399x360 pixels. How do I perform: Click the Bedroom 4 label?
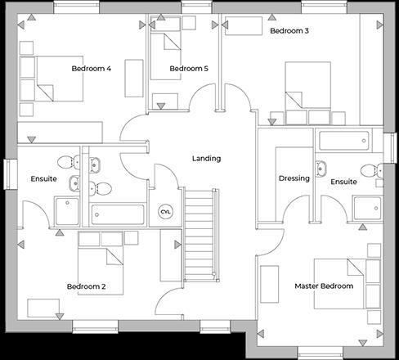pyautogui.click(x=91, y=68)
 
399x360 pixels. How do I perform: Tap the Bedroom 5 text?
pyautogui.click(x=189, y=69)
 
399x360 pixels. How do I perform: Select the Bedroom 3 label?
pyautogui.click(x=289, y=31)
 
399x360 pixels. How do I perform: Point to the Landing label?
pyautogui.click(x=206, y=158)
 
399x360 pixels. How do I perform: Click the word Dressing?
pyautogui.click(x=294, y=178)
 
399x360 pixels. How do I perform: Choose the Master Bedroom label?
pyautogui.click(x=323, y=286)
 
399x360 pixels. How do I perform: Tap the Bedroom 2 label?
pyautogui.click(x=86, y=286)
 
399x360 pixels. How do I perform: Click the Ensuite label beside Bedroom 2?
pyautogui.click(x=43, y=179)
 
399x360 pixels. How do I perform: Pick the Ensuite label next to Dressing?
pyautogui.click(x=343, y=182)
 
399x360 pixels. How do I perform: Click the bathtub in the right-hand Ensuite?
pyautogui.click(x=347, y=141)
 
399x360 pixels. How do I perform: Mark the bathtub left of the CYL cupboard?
pyautogui.click(x=118, y=214)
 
